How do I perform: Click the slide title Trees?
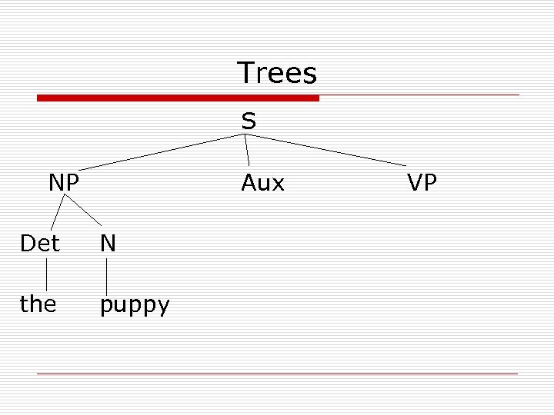coord(277,73)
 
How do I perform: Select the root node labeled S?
coord(249,121)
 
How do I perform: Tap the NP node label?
coord(64,183)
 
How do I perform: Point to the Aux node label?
coord(262,183)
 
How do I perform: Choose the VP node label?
coord(422,183)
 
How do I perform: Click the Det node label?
coord(40,244)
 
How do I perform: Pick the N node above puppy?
coord(108,244)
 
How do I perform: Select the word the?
coord(38,304)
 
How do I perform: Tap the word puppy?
coord(135,306)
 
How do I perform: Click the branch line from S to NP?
coord(162,151)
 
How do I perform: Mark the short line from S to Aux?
coord(247,151)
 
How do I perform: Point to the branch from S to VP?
coord(327,151)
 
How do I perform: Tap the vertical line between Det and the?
coord(46,274)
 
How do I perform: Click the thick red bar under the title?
coord(178,98)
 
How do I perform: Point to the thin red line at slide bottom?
coord(277,373)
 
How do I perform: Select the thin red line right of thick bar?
coord(419,95)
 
